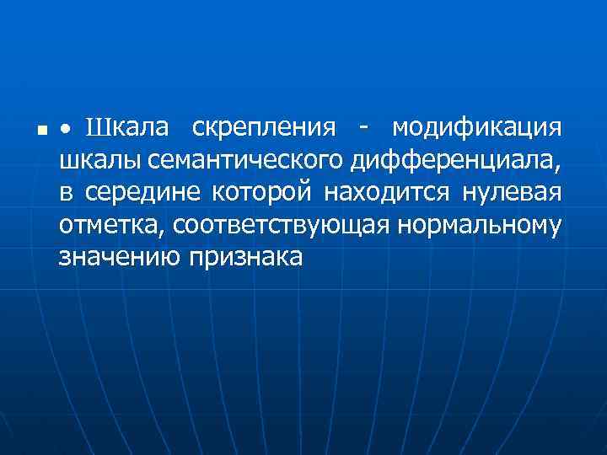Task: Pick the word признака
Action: pos(244,257)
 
